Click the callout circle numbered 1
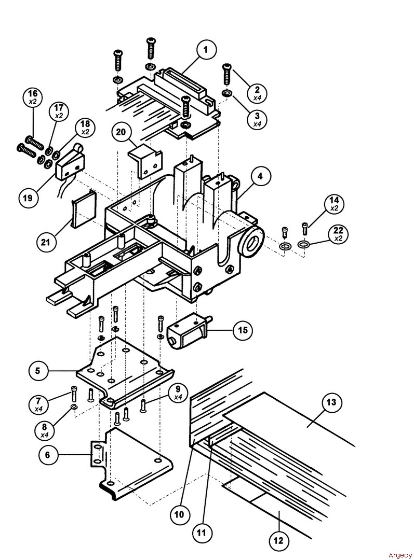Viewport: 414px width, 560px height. coord(206,51)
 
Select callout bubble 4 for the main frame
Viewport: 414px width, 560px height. coord(260,176)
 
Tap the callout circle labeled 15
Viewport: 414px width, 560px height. coord(243,330)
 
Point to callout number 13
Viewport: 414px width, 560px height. coord(331,403)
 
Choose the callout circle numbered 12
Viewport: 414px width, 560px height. coord(278,541)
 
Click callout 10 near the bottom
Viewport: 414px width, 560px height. coord(179,514)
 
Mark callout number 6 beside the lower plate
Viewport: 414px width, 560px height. coord(48,455)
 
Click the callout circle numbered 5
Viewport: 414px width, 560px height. coord(37,371)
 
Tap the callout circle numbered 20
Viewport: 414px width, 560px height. coord(121,132)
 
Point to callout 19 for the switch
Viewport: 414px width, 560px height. coord(29,197)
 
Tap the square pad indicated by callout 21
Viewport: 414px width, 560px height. coord(83,207)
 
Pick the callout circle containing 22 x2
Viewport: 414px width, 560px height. coord(338,234)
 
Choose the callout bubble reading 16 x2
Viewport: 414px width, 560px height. coord(32,97)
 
